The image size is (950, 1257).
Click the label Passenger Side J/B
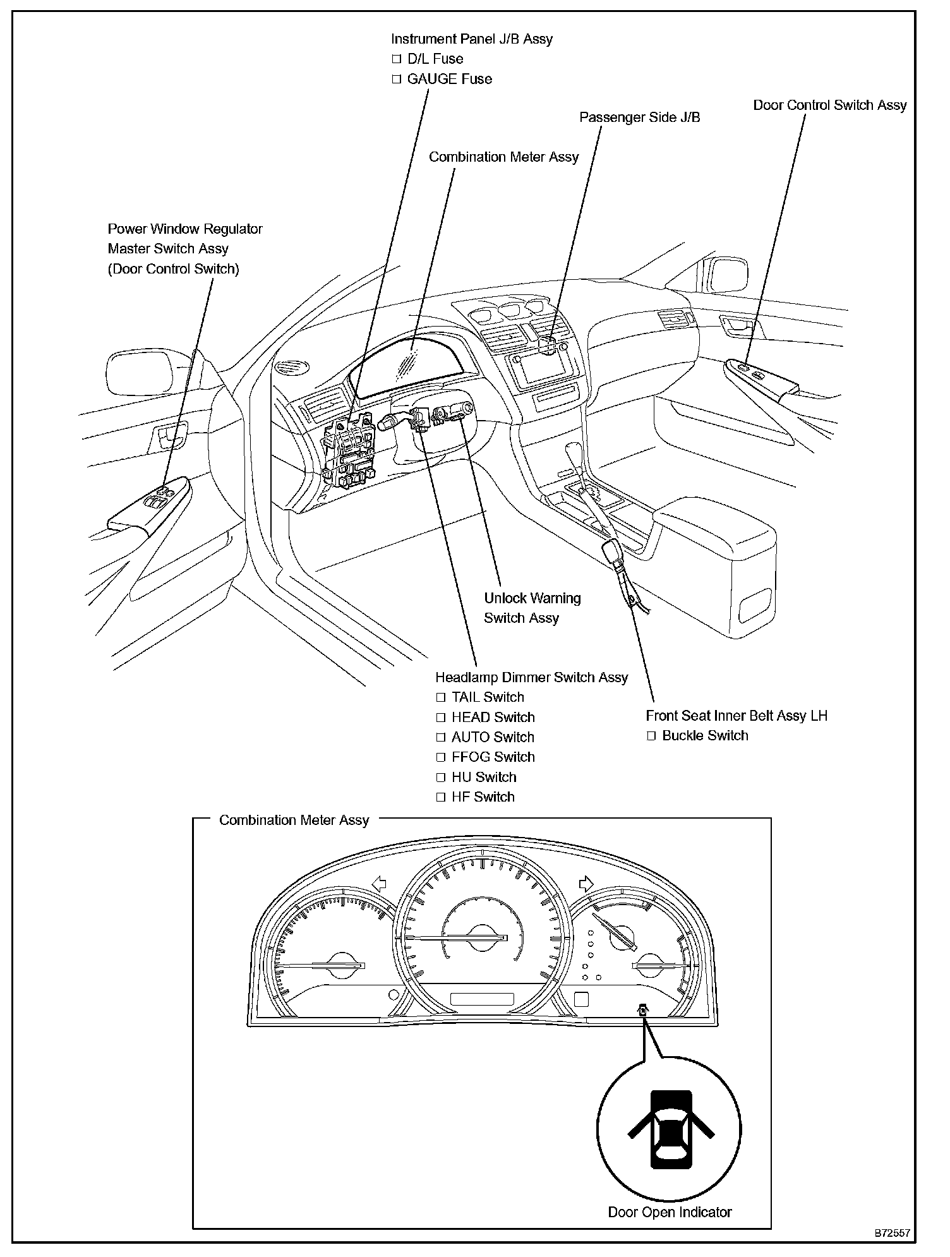pyautogui.click(x=639, y=117)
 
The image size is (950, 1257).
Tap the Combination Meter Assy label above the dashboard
pyautogui.click(x=503, y=157)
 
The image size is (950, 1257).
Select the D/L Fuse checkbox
pyautogui.click(x=397, y=59)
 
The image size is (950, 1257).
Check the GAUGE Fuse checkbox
pyautogui.click(x=397, y=80)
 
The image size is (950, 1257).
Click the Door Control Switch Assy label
pyautogui.click(x=829, y=105)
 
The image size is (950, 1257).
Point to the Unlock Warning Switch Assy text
pyautogui.click(x=532, y=608)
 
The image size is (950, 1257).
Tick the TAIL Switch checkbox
pyautogui.click(x=441, y=698)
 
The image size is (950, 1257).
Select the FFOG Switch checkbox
pyautogui.click(x=441, y=757)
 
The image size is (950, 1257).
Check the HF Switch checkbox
pyautogui.click(x=441, y=797)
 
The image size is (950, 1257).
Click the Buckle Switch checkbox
pyautogui.click(x=651, y=736)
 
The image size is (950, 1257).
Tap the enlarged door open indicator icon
pyautogui.click(x=670, y=1128)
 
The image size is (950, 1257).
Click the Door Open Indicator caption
pyautogui.click(x=670, y=1212)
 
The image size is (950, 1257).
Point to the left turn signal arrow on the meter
pyautogui.click(x=379, y=883)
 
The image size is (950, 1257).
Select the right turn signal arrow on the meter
pyautogui.click(x=586, y=883)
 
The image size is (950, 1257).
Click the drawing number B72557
pyautogui.click(x=892, y=1232)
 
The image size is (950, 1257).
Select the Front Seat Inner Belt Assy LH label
pyautogui.click(x=736, y=716)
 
